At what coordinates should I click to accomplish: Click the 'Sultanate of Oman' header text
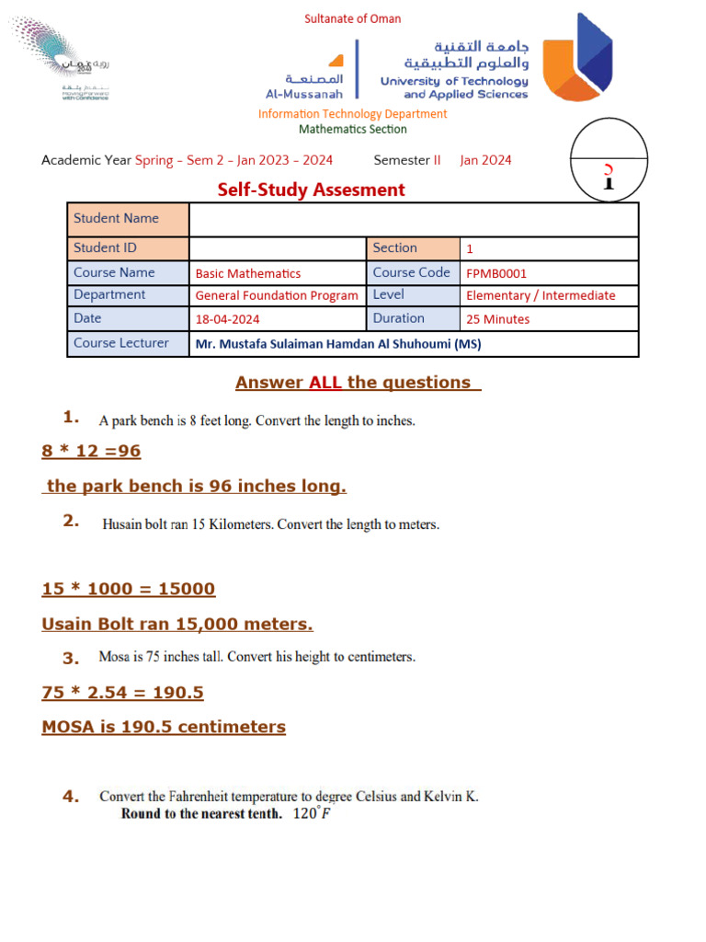pos(352,18)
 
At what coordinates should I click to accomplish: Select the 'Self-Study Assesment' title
pos(311,190)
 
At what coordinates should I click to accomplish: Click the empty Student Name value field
pos(413,220)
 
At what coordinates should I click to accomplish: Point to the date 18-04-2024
pos(227,319)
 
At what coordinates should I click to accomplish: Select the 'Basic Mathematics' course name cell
pos(248,273)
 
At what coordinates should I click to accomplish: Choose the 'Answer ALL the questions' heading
pos(358,383)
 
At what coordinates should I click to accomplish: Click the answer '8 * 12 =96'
pos(91,452)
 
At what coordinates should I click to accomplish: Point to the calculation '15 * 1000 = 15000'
pos(129,589)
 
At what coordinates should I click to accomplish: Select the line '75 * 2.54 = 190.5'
pos(122,693)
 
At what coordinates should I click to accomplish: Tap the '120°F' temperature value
pos(312,814)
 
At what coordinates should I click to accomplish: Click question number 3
pos(72,658)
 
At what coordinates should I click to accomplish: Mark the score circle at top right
pos(609,158)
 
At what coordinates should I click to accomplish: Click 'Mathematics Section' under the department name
pos(352,130)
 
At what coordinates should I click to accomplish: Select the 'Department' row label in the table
pos(109,295)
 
